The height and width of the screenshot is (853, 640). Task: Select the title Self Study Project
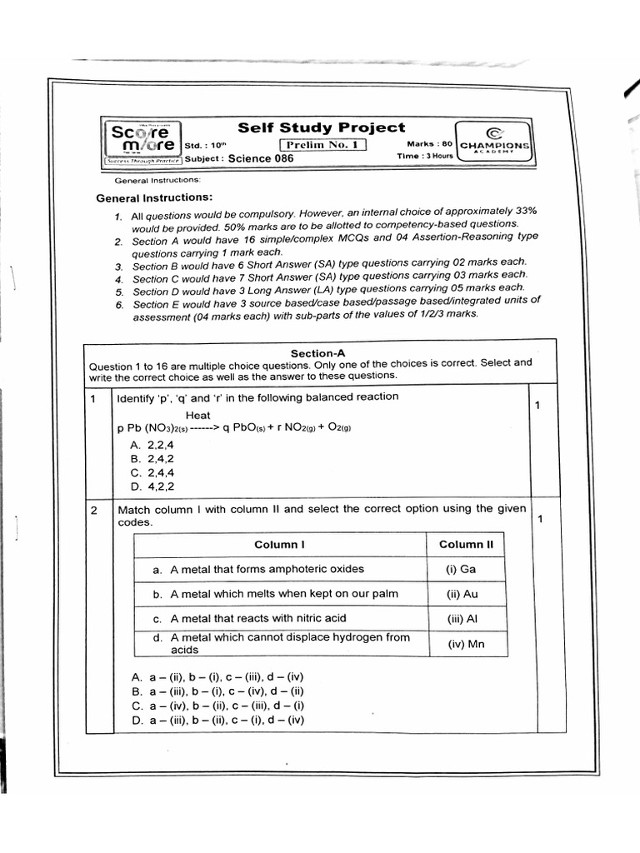[x=322, y=127]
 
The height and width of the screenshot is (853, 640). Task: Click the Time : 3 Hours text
[x=425, y=156]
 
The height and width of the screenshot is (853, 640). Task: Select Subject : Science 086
[x=239, y=158]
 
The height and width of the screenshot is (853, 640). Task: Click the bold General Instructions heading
[x=154, y=197]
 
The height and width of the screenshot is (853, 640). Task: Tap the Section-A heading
[x=312, y=353]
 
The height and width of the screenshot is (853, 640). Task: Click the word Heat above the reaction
[x=198, y=415]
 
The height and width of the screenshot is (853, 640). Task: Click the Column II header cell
[x=466, y=545]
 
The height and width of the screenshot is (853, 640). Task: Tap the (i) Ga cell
[x=462, y=570]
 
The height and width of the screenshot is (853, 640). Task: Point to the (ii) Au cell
[x=462, y=594]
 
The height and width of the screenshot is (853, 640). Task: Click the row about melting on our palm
[x=276, y=594]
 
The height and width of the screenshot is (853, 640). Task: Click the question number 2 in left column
[x=95, y=510]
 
